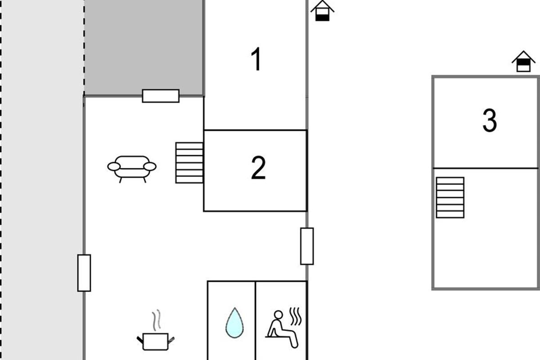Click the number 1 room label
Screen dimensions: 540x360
[x=256, y=59]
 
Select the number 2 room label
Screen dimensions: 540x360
[x=258, y=167]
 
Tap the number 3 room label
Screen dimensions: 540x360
[x=490, y=120]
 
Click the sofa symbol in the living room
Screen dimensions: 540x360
[x=132, y=169]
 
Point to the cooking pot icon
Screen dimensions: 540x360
[x=156, y=341]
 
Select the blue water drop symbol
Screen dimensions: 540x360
[x=234, y=323]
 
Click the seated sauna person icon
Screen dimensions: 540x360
[x=282, y=329]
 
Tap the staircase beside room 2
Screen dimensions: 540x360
[x=189, y=163]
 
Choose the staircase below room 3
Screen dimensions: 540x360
[x=450, y=198]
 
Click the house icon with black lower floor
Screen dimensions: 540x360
[x=322, y=11]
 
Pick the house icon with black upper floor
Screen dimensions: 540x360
[x=524, y=61]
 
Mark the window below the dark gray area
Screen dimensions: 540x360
[x=161, y=96]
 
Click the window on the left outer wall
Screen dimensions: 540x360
[x=84, y=273]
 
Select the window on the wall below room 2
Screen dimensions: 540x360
[x=307, y=246]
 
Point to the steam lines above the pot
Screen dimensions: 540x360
[x=157, y=320]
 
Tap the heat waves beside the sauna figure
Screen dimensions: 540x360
[x=296, y=316]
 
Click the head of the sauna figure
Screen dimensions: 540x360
[x=279, y=315]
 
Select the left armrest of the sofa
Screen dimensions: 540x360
[x=114, y=166]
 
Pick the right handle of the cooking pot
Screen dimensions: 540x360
[x=171, y=341]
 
